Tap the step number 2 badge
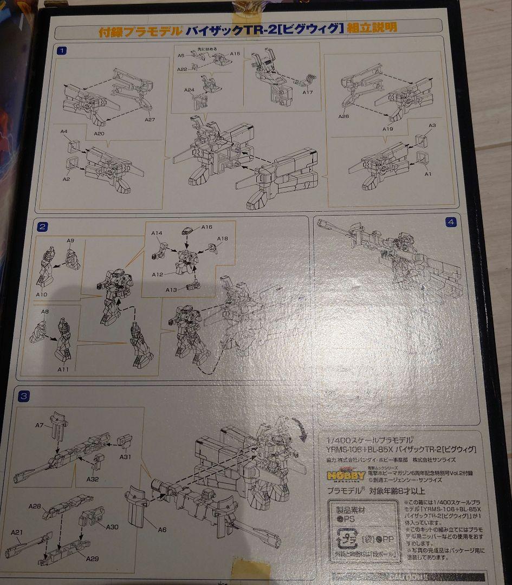(x=43, y=226)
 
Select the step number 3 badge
(x=23, y=396)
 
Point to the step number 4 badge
(x=451, y=222)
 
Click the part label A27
(x=150, y=120)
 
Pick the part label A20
(x=99, y=133)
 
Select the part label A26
(x=344, y=116)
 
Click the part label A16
(x=207, y=227)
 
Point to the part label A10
(x=42, y=295)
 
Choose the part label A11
(x=62, y=369)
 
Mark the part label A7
(x=40, y=425)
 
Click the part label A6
(x=162, y=529)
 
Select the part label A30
(x=112, y=527)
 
